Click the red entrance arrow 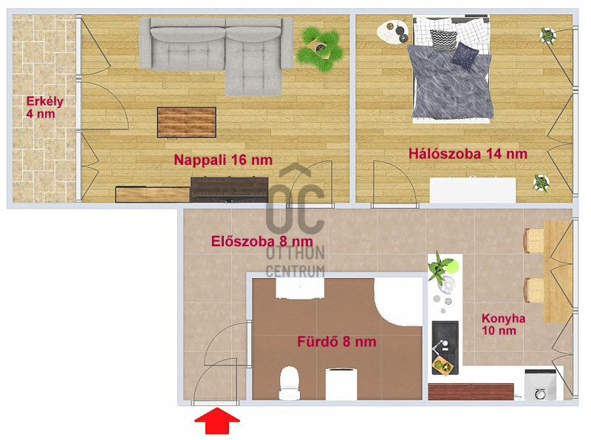(x=217, y=420)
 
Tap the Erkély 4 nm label (x=44, y=107)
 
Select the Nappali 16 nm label (x=223, y=160)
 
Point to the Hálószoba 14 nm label (x=468, y=154)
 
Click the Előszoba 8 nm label (x=262, y=241)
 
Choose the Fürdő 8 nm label (x=337, y=342)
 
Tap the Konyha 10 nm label (x=503, y=324)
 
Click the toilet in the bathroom (x=290, y=382)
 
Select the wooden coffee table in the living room (x=187, y=122)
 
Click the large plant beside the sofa (x=321, y=48)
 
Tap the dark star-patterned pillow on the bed (x=465, y=57)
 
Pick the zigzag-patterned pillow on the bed (x=444, y=40)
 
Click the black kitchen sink (x=445, y=348)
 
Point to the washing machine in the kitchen (x=541, y=385)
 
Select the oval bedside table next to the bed (x=393, y=32)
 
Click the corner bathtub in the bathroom (x=398, y=302)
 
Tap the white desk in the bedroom (x=473, y=190)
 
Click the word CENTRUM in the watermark (x=295, y=271)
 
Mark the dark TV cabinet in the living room (x=230, y=189)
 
